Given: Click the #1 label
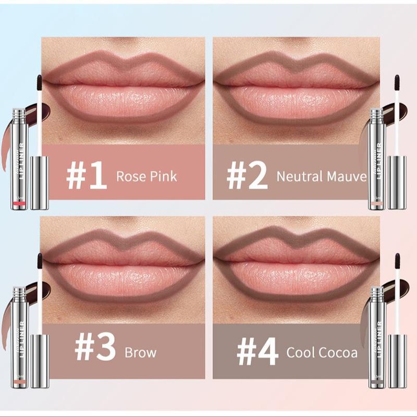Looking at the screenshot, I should (86, 176).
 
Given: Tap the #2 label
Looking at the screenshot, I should (246, 176).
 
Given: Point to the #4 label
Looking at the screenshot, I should (257, 353).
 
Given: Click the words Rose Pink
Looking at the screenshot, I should (146, 176).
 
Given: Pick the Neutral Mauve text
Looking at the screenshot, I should (322, 176).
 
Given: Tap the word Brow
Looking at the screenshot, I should (140, 353).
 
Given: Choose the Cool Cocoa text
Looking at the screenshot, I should (322, 353).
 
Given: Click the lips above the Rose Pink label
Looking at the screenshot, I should (124, 86).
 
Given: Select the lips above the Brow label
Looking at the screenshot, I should (124, 266).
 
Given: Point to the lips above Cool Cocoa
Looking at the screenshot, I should (296, 266).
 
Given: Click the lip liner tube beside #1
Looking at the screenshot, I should (19, 159).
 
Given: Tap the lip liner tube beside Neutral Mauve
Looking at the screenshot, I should (376, 159).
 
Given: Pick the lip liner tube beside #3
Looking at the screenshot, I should (19, 336).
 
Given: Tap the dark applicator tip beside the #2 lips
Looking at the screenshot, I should (396, 83).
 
